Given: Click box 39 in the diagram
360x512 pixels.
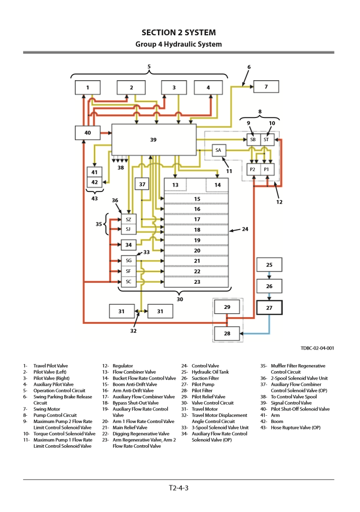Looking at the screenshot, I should [154, 140].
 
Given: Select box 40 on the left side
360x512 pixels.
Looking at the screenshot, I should [87, 132].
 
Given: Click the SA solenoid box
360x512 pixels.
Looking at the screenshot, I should [218, 150].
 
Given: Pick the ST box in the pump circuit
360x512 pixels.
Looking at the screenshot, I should [266, 139].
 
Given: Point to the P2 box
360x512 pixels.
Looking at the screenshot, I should [253, 170].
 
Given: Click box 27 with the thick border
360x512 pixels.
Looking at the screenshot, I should [269, 307].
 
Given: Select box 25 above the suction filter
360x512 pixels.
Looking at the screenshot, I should [269, 265].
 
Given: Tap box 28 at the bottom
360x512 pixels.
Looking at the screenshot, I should [228, 333].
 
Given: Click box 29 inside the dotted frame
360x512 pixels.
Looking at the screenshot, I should [228, 307].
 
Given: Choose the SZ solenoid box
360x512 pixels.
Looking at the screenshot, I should [129, 219].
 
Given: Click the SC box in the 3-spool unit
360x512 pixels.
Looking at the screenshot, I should [129, 281].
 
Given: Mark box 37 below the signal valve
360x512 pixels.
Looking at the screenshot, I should [142, 184].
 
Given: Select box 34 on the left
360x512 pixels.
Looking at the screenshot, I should [129, 245].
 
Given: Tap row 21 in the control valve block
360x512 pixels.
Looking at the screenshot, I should [197, 261].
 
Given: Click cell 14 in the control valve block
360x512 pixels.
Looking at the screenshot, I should [217, 185].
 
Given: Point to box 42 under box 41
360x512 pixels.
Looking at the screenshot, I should [94, 182].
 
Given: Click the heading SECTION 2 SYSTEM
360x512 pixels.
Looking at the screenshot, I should [179, 32].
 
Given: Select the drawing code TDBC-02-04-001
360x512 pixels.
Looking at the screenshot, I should [317, 348].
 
